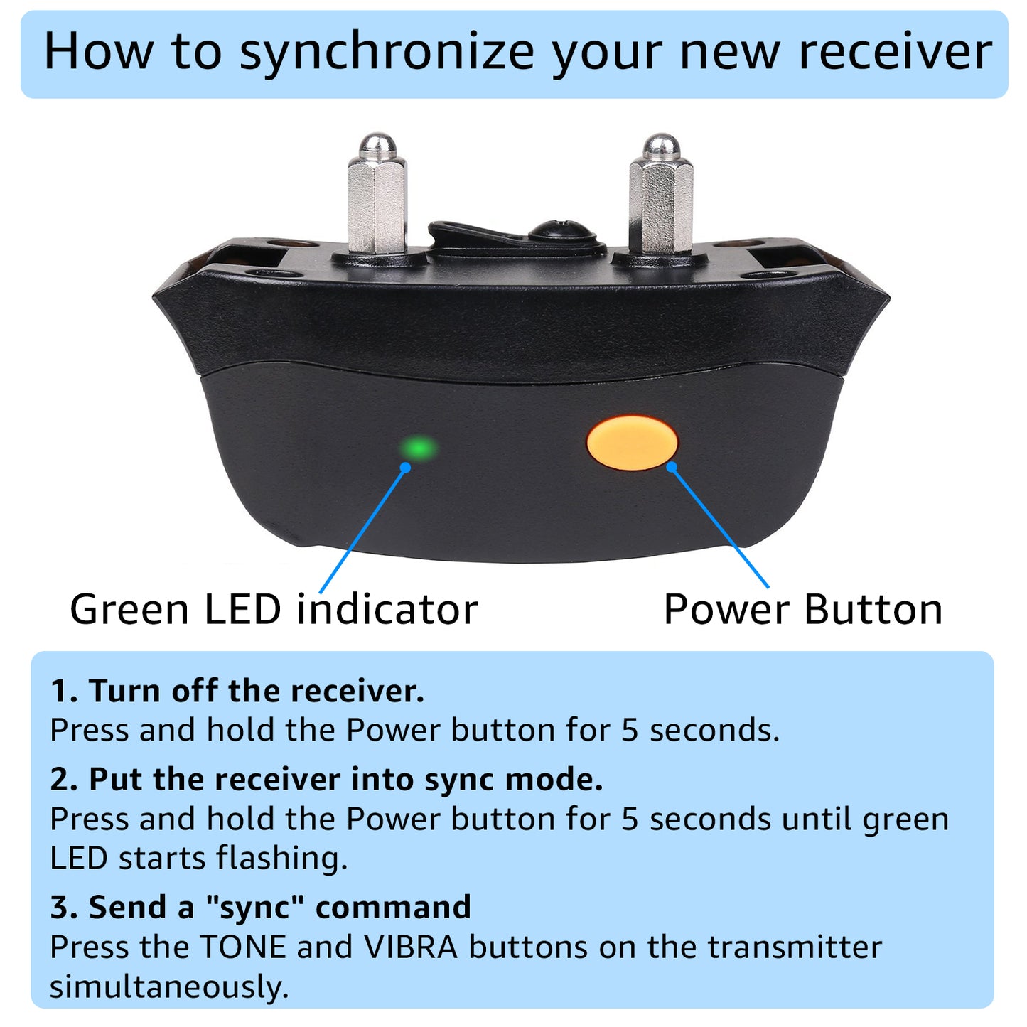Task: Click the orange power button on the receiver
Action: pos(632,443)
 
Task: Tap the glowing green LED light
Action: pos(419,448)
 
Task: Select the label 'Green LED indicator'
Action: pos(274,610)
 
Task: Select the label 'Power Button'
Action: pos(803,610)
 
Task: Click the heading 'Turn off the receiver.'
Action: pos(257,691)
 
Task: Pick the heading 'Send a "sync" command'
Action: pos(280,907)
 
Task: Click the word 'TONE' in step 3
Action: pos(244,947)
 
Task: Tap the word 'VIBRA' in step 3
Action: pos(411,947)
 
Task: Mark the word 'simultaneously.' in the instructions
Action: pos(169,987)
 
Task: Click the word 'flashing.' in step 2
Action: pos(282,860)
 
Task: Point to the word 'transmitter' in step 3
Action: pos(795,947)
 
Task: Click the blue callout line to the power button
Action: pos(720,527)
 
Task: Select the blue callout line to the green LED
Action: pos(362,530)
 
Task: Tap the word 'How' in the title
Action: pos(98,52)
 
